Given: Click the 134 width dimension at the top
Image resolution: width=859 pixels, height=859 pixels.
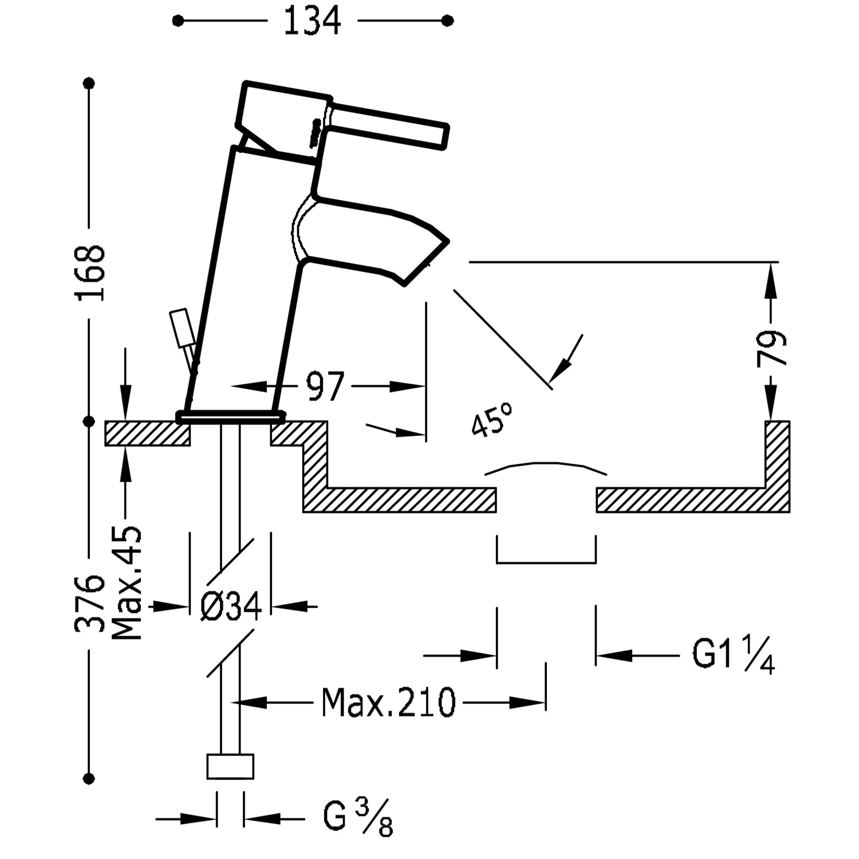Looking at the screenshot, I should [x=312, y=21].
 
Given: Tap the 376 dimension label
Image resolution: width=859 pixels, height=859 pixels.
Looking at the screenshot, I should [x=90, y=603].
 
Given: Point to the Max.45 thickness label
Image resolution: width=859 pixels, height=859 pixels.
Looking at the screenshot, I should [x=127, y=583].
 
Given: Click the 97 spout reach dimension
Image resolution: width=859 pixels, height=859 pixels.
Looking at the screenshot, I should [x=325, y=387].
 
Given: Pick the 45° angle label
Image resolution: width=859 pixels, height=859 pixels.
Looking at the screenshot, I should [x=491, y=419].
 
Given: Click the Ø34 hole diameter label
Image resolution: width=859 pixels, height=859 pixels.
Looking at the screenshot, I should [x=231, y=606].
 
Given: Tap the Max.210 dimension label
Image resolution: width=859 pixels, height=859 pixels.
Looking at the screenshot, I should [x=388, y=702].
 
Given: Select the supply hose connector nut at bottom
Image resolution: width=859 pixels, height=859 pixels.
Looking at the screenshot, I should [x=230, y=766].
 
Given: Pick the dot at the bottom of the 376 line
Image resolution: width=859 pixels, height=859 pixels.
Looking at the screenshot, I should [x=89, y=778].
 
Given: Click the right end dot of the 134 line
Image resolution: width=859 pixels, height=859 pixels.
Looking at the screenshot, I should [x=448, y=21].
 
